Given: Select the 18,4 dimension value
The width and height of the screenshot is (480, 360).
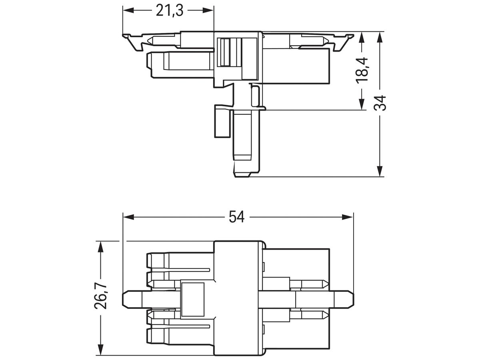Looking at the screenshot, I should tap(362, 70).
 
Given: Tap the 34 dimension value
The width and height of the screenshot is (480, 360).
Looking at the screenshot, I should tap(380, 103).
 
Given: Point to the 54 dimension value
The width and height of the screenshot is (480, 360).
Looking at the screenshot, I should tap(237, 217).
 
